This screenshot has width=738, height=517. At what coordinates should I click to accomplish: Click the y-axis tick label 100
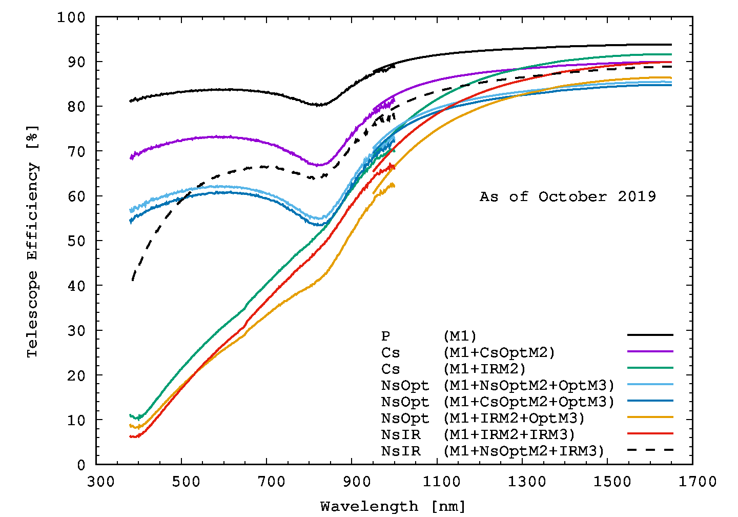(x=71, y=17)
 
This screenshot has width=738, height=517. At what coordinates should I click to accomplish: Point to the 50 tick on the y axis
(x=76, y=241)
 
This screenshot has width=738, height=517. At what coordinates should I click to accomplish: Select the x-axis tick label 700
(x=271, y=482)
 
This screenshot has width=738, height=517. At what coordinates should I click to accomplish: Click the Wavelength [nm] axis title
(x=393, y=507)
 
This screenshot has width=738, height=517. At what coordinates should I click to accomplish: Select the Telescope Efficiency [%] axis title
(x=32, y=241)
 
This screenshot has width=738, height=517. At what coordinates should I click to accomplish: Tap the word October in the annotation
(x=572, y=197)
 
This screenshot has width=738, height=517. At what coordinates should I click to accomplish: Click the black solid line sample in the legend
(x=650, y=335)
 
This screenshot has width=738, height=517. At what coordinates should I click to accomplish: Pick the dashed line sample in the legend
(x=650, y=450)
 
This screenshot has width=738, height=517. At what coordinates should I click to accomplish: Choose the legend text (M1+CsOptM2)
(x=499, y=353)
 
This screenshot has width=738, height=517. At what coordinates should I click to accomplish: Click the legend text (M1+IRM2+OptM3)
(x=514, y=419)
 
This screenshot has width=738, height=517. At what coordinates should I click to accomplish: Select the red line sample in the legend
(x=650, y=433)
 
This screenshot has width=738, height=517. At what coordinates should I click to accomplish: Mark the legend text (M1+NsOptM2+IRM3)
(x=524, y=451)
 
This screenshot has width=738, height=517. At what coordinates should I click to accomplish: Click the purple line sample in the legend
(x=650, y=351)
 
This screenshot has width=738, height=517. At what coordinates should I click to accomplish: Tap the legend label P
(x=385, y=336)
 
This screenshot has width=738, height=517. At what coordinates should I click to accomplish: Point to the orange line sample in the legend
(x=650, y=417)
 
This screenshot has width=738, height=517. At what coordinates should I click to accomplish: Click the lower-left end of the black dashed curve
(x=133, y=280)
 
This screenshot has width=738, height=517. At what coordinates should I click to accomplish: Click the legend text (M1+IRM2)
(x=484, y=369)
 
